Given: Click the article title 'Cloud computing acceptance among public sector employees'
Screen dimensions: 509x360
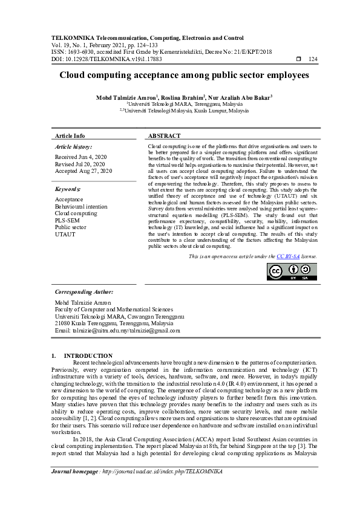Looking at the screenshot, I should pos(180,76).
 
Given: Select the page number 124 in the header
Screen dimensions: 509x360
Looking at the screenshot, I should pos(313,59).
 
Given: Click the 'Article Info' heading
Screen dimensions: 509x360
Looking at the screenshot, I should pos(70,136).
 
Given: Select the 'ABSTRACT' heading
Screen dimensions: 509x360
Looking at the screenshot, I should pos(164,136).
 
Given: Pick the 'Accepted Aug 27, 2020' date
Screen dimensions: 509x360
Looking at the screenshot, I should pos(83,171).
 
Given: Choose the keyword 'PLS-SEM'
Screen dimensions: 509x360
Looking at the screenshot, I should pos(67,221).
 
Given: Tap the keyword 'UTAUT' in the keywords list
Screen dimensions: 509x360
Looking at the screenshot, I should pos(65,235).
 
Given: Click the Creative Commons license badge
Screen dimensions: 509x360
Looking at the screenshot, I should pos(292,271).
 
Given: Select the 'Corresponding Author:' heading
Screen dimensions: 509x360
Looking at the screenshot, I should pos(83,291).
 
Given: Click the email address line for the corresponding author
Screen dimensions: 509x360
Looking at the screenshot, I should pos(117,331).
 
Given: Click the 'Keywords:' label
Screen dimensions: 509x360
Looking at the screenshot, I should pos(68,189).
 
